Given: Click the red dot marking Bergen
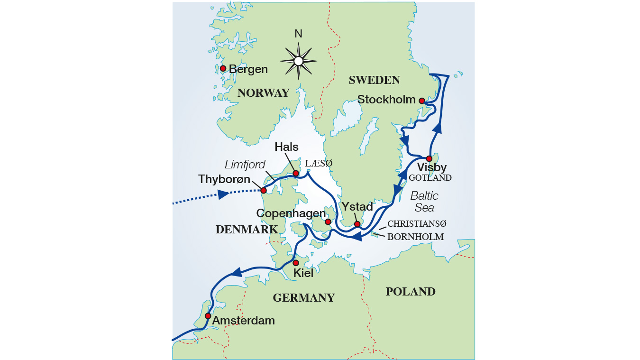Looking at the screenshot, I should tap(223, 68).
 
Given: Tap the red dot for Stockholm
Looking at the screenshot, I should tap(421, 101).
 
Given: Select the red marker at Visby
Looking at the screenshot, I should tap(429, 158).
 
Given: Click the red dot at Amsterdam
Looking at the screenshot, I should tap(208, 316).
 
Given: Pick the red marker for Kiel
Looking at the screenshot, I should tap(295, 263).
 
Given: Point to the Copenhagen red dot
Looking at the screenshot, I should tap(328, 222).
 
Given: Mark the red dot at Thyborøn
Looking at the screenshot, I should tap(264, 191).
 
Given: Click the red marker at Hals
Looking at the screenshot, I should tap(296, 174).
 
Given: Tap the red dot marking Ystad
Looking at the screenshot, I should tap(357, 224).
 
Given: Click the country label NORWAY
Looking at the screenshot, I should tap(263, 93).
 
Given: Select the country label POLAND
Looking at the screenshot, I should tap(410, 292).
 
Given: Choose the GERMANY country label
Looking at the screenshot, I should tap(303, 298).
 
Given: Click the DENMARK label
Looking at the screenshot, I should tap(247, 230).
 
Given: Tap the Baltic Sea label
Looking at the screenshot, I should tap(424, 202).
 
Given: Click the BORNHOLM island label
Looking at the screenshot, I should tap(415, 237).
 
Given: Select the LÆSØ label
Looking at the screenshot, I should tap(319, 163).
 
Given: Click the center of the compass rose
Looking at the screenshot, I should tap(298, 61).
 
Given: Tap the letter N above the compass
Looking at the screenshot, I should tap(298, 34).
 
